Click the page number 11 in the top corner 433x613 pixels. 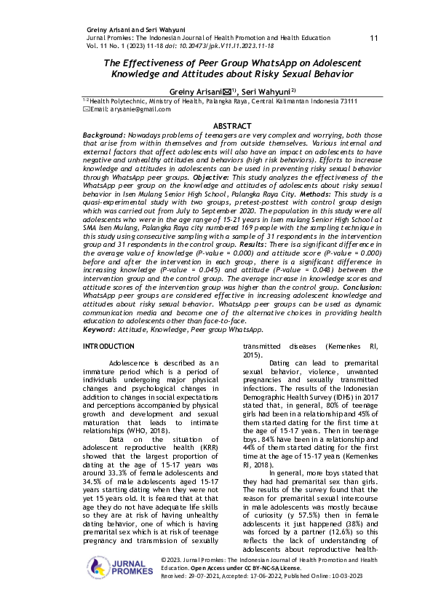pos(374,38)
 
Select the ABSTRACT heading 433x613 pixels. pos(216,126)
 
